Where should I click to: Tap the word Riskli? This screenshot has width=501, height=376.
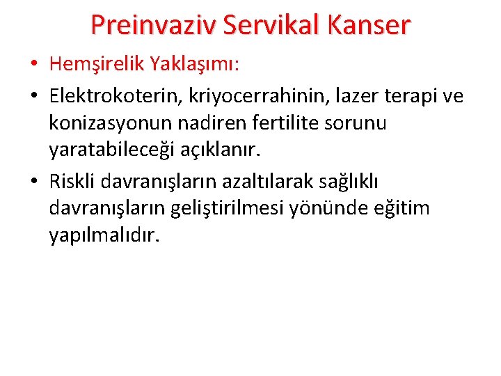click(72, 181)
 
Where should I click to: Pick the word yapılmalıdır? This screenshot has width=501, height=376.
click(104, 237)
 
